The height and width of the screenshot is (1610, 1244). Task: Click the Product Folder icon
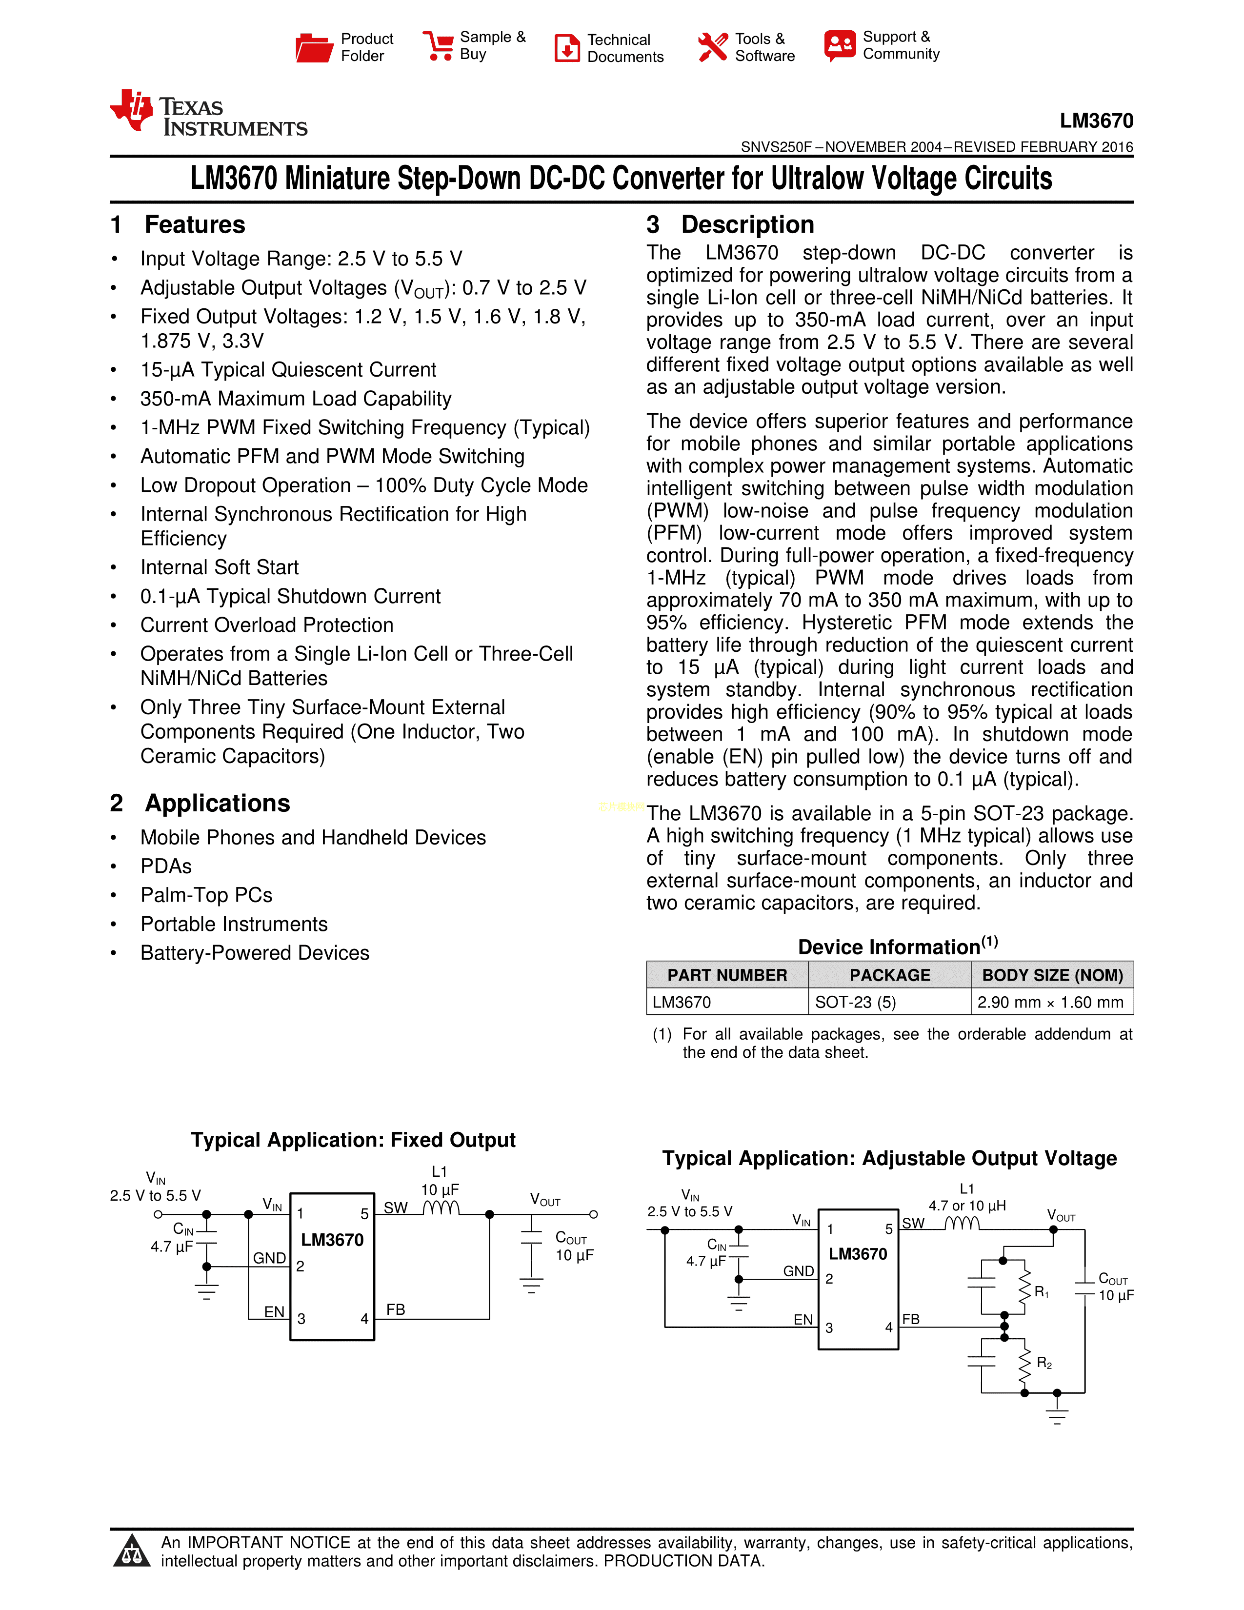click(x=315, y=48)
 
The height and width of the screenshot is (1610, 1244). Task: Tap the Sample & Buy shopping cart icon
click(x=439, y=46)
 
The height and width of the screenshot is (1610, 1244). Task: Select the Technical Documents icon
click(x=567, y=48)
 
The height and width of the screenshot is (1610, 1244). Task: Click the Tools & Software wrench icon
click(x=712, y=47)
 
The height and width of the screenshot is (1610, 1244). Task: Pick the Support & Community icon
click(x=840, y=46)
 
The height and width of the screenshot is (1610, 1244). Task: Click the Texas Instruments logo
click(x=209, y=114)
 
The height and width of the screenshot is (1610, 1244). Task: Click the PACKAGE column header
click(x=889, y=975)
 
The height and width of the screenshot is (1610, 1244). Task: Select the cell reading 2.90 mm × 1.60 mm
click(x=1050, y=1002)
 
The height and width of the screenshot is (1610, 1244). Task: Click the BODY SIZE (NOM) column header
click(x=1052, y=975)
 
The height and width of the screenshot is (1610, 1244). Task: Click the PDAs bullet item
click(x=166, y=866)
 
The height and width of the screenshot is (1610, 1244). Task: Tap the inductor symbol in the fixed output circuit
click(x=441, y=1207)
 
